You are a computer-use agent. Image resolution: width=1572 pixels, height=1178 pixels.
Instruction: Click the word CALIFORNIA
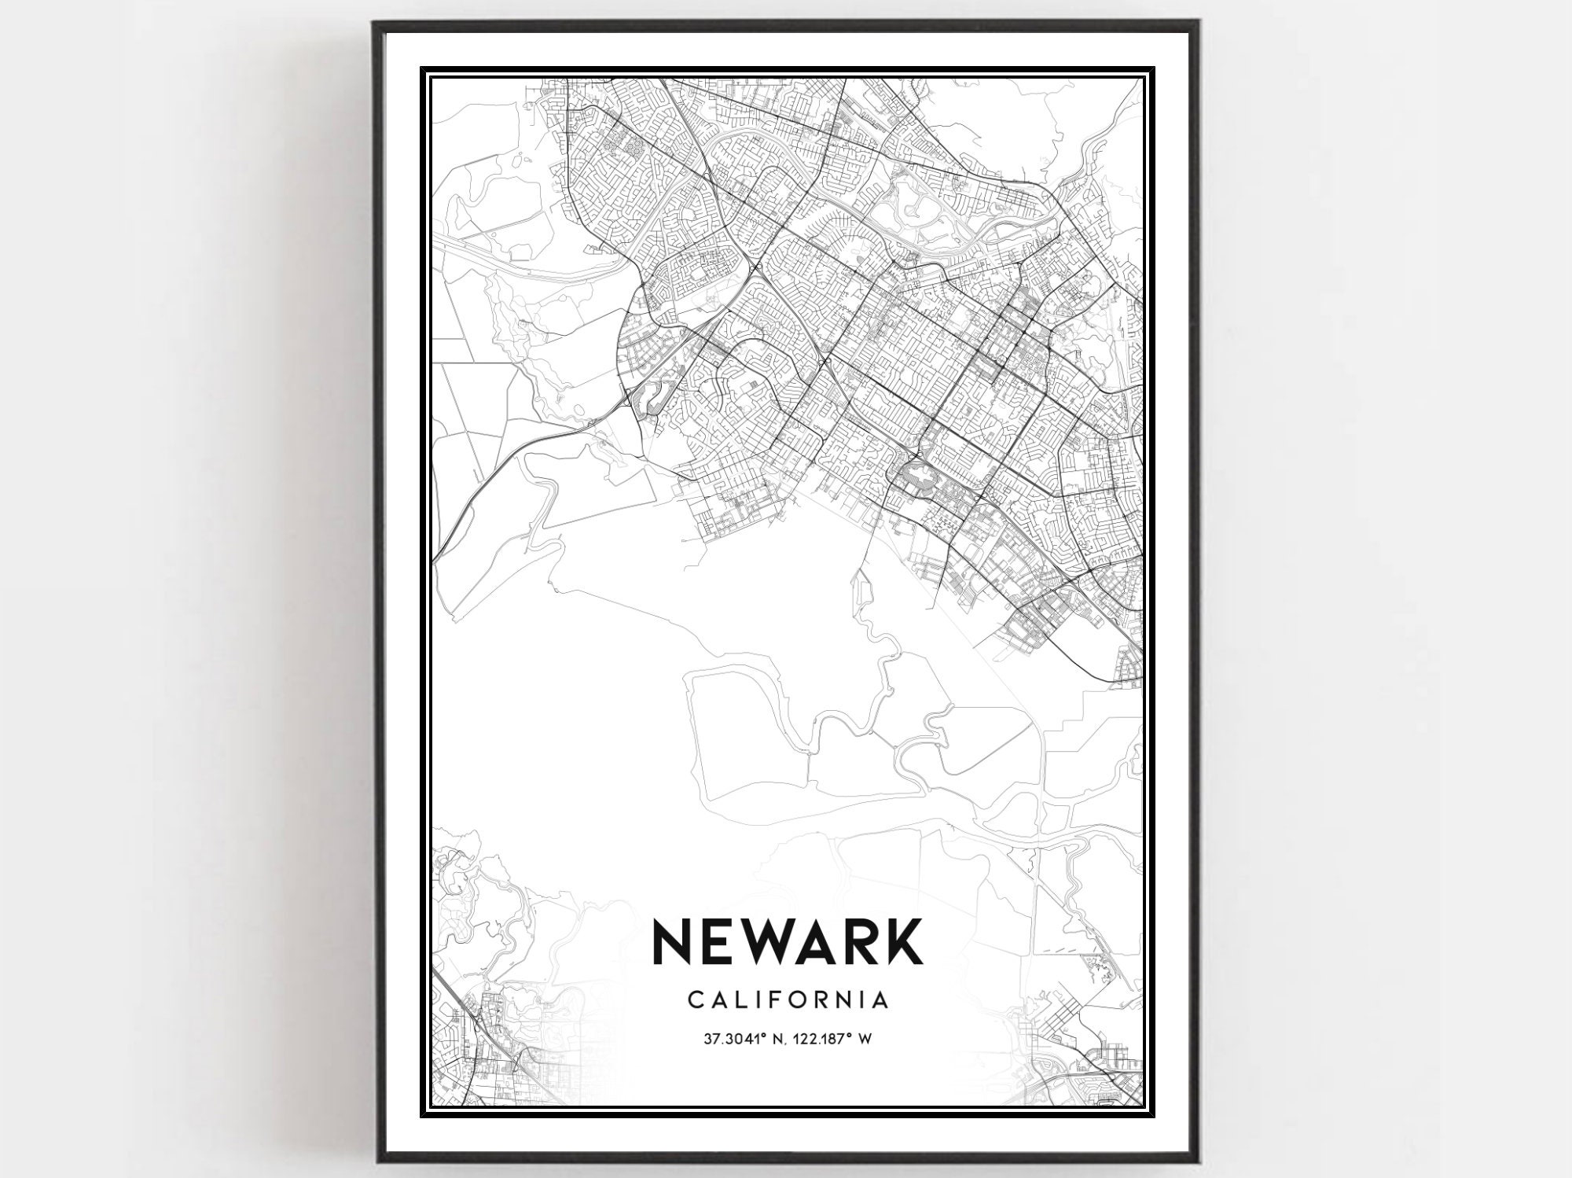(788, 1000)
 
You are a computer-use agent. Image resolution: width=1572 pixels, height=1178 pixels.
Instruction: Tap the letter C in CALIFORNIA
(695, 1000)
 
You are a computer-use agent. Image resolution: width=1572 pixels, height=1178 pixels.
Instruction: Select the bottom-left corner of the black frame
(378, 1161)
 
